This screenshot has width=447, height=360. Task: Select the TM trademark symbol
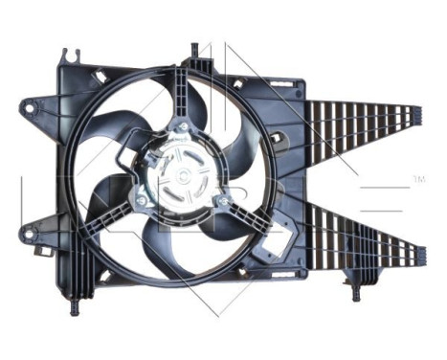tap(417, 179)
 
